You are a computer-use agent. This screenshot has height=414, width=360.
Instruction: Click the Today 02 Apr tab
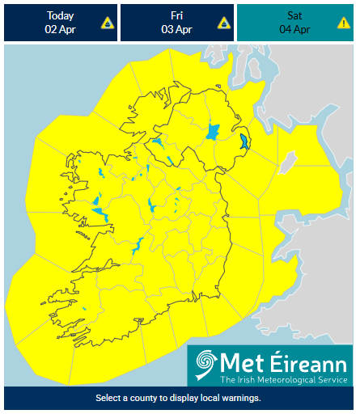pyautogui.click(x=61, y=22)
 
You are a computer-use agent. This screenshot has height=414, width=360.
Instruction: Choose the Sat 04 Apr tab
pyautogui.click(x=295, y=22)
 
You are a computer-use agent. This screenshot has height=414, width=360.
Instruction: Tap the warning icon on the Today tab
pyautogui.click(x=106, y=23)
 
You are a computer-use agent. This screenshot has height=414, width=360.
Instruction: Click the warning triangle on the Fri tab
pyautogui.click(x=223, y=23)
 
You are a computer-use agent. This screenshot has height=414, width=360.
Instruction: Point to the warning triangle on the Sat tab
pyautogui.click(x=343, y=23)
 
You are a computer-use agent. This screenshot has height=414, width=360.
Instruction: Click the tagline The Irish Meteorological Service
pyautogui.click(x=282, y=379)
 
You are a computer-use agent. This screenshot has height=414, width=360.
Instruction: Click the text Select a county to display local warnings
pyautogui.click(x=178, y=399)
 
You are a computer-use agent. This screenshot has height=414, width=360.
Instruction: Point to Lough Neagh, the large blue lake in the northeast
pyautogui.click(x=214, y=130)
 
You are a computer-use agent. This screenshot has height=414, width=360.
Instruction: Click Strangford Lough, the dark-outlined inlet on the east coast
pyautogui.click(x=245, y=143)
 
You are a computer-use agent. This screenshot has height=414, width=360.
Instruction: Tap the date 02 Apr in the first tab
pyautogui.click(x=61, y=29)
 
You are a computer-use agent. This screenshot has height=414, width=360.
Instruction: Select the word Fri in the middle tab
pyautogui.click(x=176, y=15)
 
